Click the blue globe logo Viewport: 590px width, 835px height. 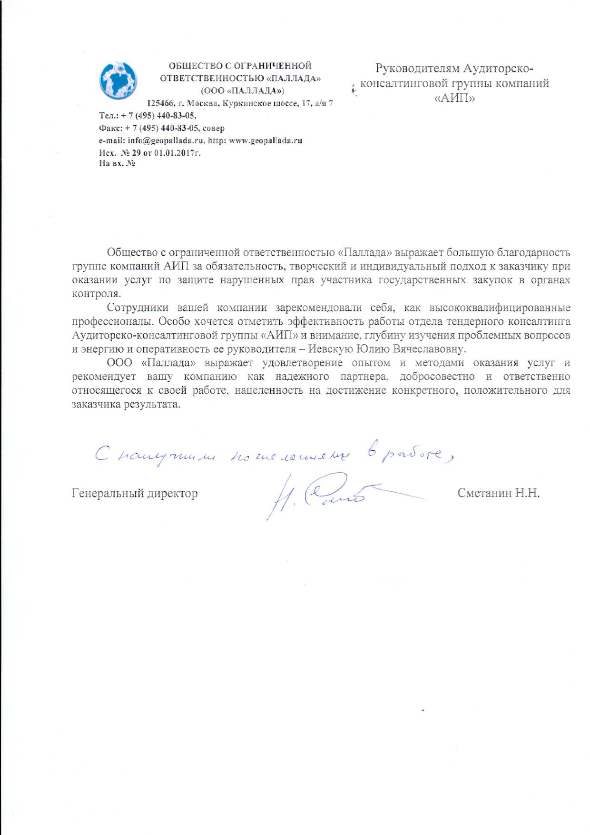118,80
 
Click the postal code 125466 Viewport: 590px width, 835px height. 160,103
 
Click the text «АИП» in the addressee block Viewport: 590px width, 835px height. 455,98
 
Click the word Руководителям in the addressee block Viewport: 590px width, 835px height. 418,69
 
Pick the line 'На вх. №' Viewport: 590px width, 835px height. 117,163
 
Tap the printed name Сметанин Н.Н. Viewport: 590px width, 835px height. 498,493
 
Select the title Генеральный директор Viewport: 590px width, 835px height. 135,493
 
